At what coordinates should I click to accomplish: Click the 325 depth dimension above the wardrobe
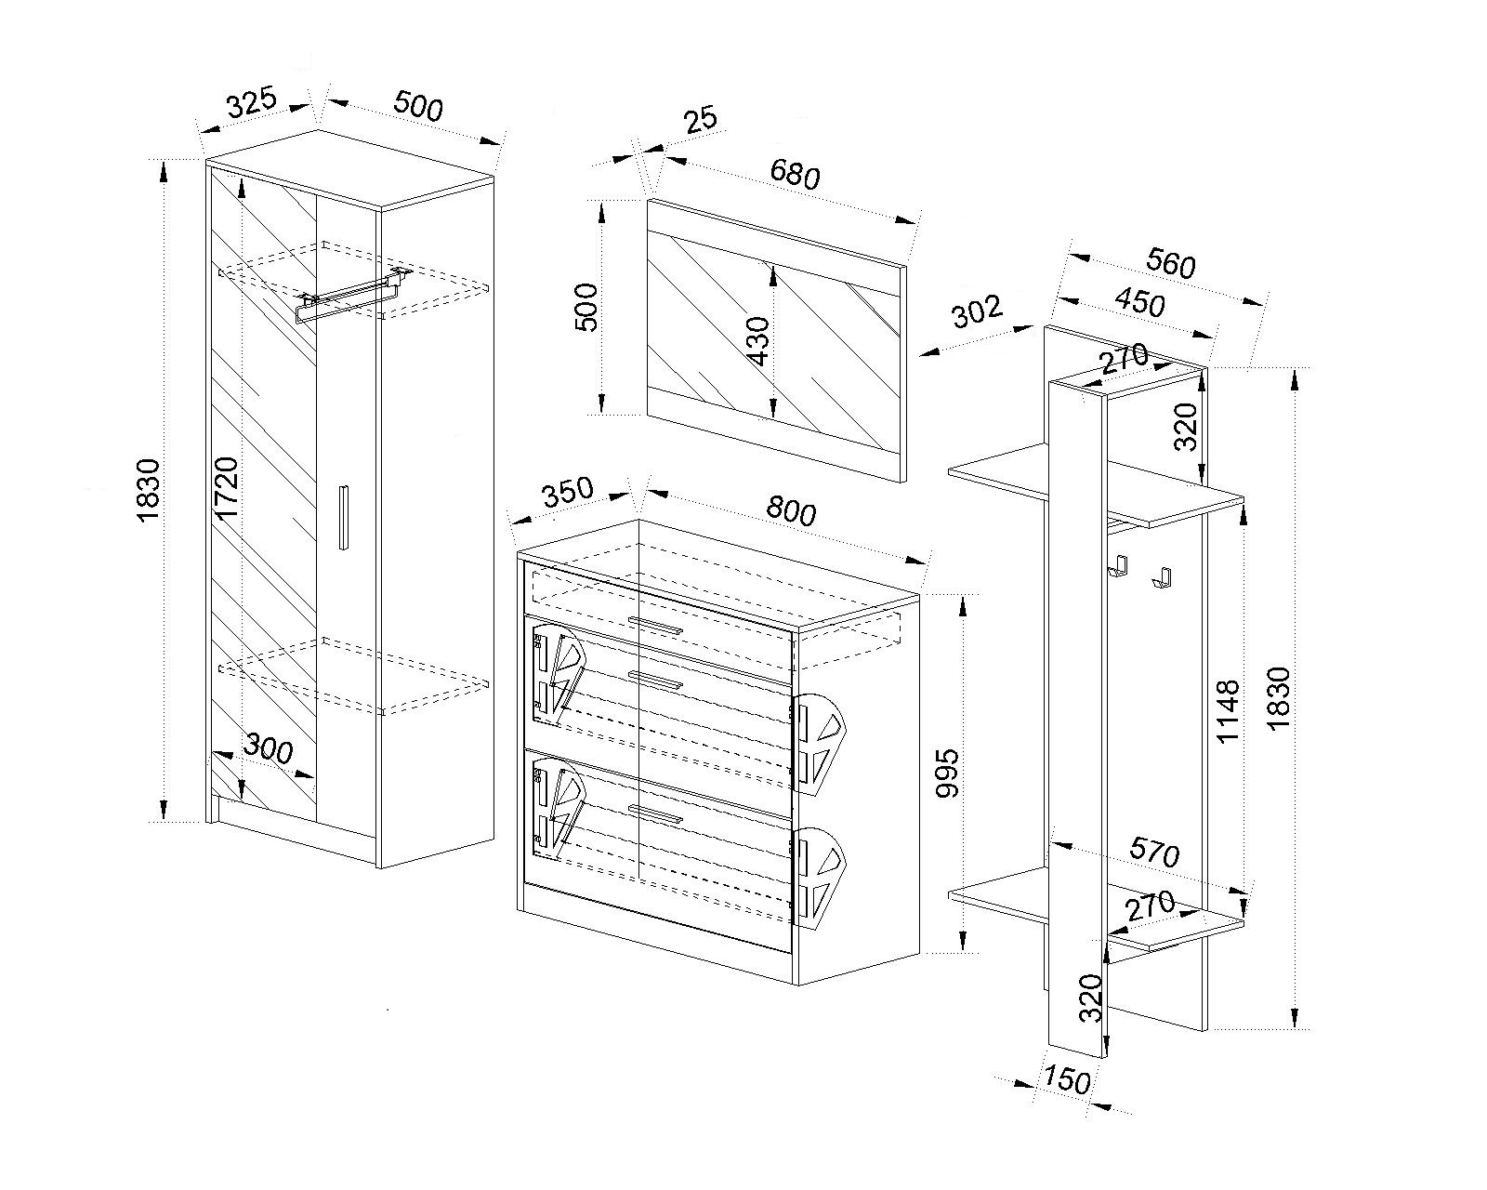[252, 102]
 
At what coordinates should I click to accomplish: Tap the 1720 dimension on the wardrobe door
[227, 487]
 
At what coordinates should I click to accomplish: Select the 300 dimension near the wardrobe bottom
[269, 748]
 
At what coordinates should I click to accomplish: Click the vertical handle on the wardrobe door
[344, 517]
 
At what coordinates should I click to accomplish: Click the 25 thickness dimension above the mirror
[701, 120]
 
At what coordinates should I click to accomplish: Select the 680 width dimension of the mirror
[795, 174]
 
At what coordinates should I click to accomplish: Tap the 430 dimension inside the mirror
[758, 341]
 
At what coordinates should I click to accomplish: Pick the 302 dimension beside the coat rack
[977, 311]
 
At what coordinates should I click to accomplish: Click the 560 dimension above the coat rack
[1170, 263]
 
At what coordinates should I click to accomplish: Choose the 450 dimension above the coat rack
[1139, 303]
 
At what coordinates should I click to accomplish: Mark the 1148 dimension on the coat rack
[1228, 711]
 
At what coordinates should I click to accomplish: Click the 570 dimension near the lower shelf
[1154, 853]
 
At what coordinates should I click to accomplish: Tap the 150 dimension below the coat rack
[1066, 1079]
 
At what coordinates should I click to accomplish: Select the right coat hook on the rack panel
[1162, 576]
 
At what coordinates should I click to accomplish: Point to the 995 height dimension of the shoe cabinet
[947, 773]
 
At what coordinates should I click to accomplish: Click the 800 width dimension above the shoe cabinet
[791, 511]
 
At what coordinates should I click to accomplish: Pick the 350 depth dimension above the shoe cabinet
[567, 492]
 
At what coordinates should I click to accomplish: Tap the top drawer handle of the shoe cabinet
[656, 625]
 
